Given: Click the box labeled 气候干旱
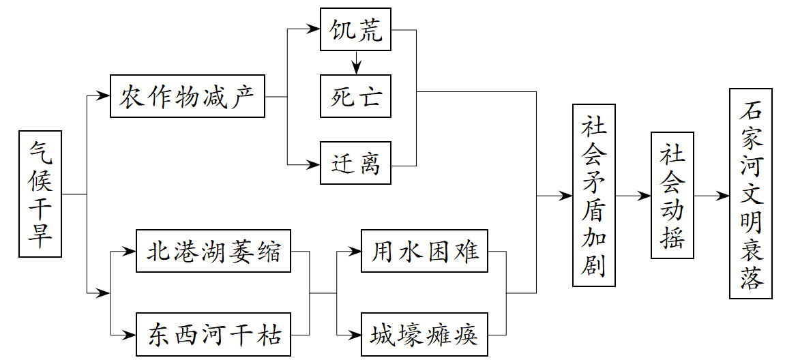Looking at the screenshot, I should [40, 194].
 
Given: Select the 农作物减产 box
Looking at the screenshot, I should [188, 97].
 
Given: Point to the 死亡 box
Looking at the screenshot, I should [356, 97].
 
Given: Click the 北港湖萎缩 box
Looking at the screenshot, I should [213, 252].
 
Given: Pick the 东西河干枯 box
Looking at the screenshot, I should [213, 335].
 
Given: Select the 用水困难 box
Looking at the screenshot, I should [425, 252].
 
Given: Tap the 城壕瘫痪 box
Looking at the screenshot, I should [425, 335].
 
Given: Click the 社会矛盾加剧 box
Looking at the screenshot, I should [593, 195].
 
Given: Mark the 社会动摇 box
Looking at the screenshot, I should [672, 195].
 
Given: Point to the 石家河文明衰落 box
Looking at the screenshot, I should [750, 194].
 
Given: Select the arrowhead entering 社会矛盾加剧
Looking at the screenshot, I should [565, 196].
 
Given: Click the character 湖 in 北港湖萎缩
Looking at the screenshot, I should [213, 252].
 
